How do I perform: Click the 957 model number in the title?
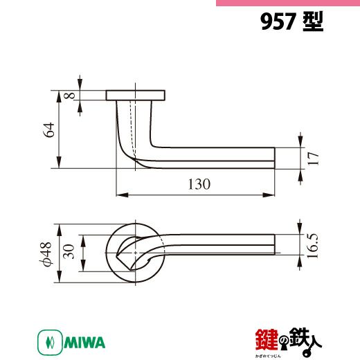tap(278, 21)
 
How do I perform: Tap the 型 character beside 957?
tap(313, 21)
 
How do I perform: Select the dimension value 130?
tap(199, 184)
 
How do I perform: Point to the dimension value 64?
tap(49, 130)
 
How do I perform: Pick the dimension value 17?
tap(313, 159)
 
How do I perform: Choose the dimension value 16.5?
tap(312, 246)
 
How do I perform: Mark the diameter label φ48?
tap(46, 253)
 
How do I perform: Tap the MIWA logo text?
tap(84, 343)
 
